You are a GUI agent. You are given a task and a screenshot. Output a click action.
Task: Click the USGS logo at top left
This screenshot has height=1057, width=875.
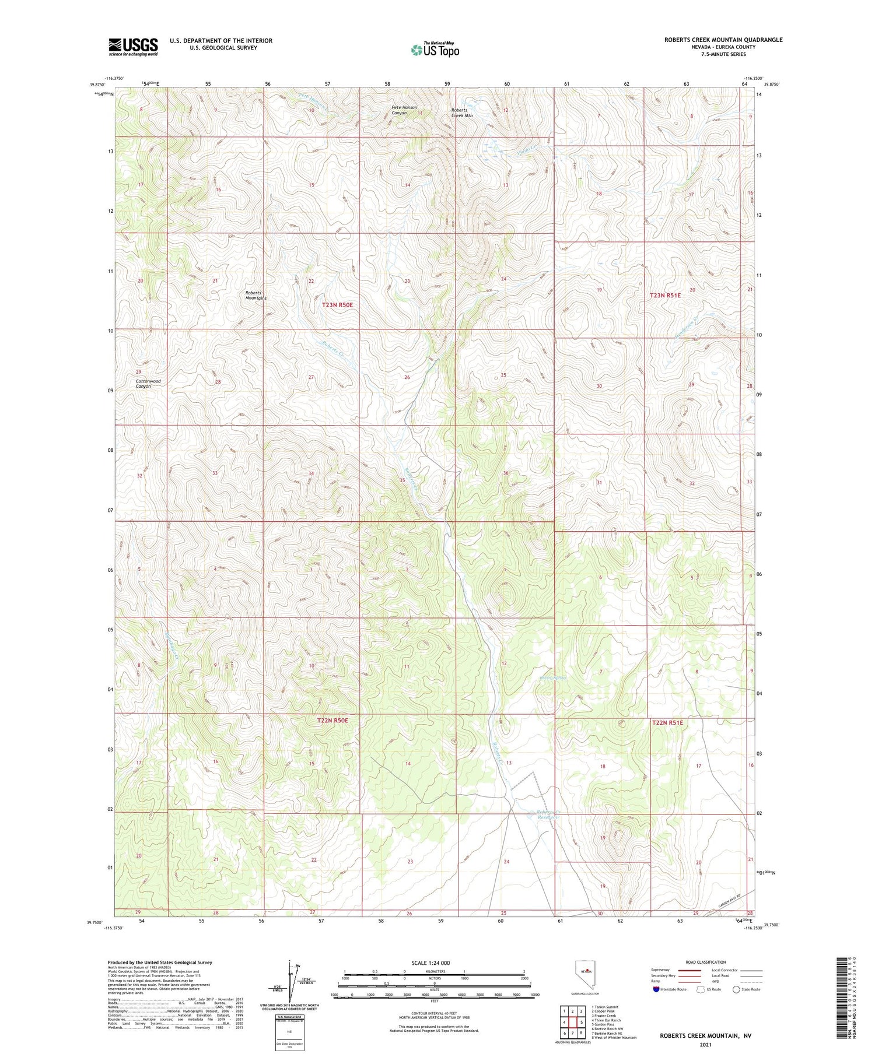133,47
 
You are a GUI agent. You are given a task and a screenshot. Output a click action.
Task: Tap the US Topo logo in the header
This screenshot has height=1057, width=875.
435,50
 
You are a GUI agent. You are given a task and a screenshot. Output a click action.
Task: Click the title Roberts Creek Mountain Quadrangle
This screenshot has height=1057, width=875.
723,40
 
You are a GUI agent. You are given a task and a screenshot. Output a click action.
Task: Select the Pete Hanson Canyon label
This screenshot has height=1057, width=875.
404,110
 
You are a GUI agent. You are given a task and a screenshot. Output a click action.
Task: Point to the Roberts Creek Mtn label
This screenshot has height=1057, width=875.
462,113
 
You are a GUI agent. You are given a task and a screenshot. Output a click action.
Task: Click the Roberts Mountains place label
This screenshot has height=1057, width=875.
256,295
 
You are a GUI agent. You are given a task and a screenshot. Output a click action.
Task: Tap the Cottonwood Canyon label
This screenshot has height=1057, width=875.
148,384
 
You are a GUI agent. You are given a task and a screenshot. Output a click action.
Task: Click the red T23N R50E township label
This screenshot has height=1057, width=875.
337,304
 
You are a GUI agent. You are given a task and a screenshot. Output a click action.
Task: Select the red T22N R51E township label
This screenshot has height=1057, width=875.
667,722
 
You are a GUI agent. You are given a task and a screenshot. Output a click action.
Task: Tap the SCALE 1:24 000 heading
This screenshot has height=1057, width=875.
431,963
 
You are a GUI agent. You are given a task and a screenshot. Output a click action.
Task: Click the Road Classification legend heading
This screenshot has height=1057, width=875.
706,962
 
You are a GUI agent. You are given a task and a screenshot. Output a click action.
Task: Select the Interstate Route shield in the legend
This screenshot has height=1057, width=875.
656,989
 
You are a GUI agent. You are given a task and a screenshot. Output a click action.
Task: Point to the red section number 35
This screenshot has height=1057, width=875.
402,480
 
